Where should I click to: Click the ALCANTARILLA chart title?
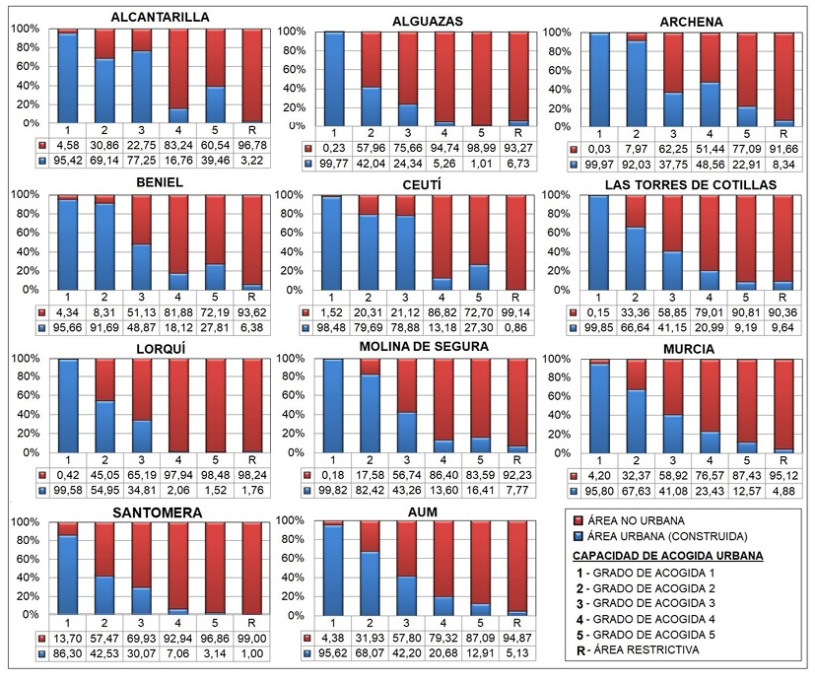(x=160, y=18)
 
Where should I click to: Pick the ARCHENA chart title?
(x=694, y=22)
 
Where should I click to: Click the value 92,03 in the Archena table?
(x=637, y=165)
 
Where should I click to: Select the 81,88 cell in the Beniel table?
(x=177, y=312)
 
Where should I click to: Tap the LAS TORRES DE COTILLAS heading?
(x=691, y=184)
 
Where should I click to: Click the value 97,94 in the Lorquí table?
(x=177, y=474)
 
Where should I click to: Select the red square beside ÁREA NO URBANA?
(x=578, y=519)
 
